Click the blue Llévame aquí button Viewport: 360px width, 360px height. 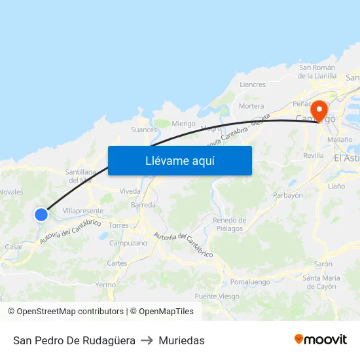tap(179, 160)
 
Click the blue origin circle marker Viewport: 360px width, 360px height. tap(41, 214)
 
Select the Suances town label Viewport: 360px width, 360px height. tap(144, 130)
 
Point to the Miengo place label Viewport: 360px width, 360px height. tap(183, 123)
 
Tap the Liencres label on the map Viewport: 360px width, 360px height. tap(253, 84)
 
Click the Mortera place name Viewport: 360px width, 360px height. tap(251, 106)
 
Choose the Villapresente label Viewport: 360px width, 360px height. tap(82, 211)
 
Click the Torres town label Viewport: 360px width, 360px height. tap(118, 225)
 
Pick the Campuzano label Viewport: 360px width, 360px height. tap(128, 243)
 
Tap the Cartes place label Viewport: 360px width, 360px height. tap(117, 263)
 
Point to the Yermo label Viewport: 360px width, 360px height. tap(105, 285)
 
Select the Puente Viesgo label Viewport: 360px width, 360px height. tap(217, 297)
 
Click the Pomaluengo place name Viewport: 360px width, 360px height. tap(250, 282)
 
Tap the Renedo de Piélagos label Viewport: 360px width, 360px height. tap(229, 225)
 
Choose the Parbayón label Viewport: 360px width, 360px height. tap(287, 195)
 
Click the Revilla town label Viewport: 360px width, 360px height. tap(314, 156)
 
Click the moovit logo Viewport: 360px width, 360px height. tap(321, 340)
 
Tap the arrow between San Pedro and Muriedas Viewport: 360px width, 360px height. tap(147, 340)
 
